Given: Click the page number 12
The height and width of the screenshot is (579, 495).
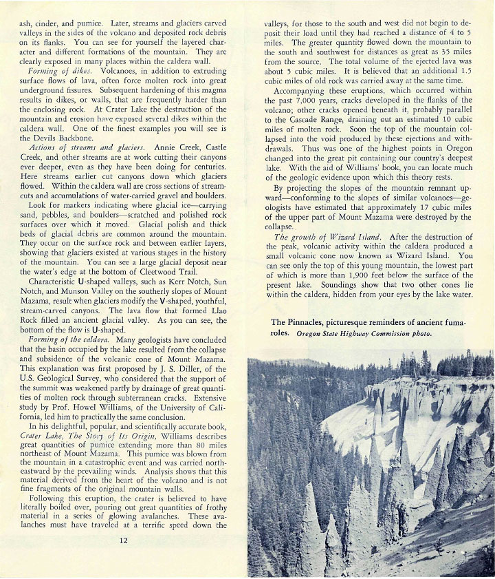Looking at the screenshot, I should tap(123, 540).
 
